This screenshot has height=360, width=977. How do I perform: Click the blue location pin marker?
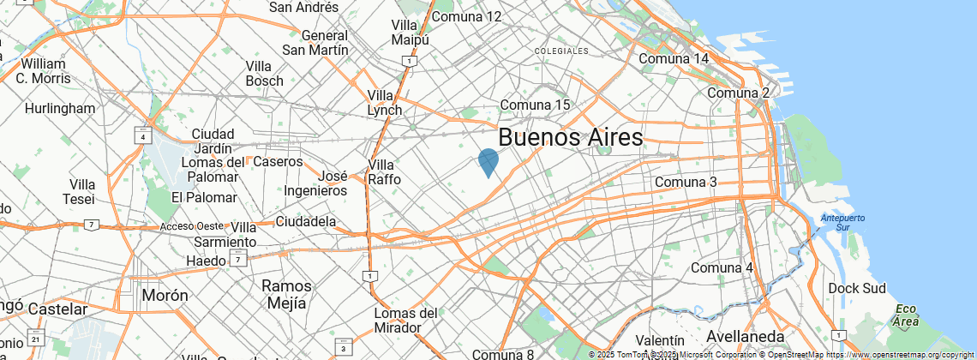point(488,161)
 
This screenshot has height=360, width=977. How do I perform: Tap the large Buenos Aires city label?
point(570,137)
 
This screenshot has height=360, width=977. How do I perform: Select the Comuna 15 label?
point(536,105)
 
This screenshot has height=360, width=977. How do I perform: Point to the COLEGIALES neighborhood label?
point(561,51)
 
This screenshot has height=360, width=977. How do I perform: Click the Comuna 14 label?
point(674,59)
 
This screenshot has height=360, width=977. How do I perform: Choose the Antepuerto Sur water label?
point(842,222)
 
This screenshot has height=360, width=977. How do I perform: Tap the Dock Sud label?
point(855,289)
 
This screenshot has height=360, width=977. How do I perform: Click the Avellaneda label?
point(746,335)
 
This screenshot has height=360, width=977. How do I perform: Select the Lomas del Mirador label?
point(406,320)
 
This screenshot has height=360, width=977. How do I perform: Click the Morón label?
point(165,295)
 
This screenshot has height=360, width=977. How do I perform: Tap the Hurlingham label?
point(60,109)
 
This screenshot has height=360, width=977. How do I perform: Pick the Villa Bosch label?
point(264,74)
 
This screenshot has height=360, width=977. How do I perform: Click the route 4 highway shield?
point(141,136)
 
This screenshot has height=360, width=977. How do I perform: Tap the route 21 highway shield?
point(35,339)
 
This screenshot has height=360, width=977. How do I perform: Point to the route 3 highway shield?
point(344,348)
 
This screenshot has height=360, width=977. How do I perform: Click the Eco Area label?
point(906,315)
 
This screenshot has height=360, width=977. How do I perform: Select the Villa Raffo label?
point(383,172)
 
